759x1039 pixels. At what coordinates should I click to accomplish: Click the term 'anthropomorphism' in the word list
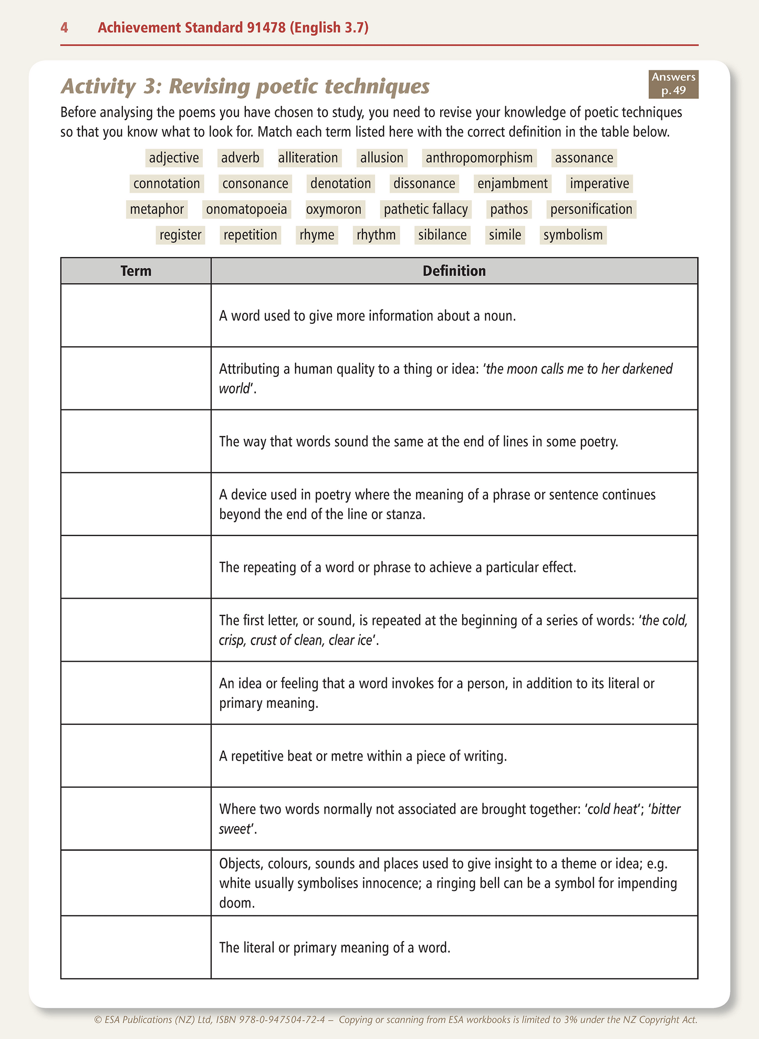coord(479,158)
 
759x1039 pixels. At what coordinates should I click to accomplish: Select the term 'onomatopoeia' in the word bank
coord(246,209)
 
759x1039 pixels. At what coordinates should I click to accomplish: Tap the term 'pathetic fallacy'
coord(425,209)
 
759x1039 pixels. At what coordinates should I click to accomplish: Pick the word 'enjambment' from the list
coord(512,183)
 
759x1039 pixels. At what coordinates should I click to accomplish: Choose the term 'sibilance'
coord(442,234)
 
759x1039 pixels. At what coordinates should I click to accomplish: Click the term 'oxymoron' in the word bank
coord(334,209)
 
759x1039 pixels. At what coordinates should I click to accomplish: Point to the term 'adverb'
coord(240,158)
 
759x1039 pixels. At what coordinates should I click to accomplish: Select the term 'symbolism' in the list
coord(573,234)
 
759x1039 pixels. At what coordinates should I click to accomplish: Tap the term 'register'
coord(180,234)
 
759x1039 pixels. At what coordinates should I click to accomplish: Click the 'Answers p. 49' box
coord(673,84)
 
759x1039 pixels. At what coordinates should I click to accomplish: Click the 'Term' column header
coord(136,271)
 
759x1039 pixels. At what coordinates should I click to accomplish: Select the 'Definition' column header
coord(454,271)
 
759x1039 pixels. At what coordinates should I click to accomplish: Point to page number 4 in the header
coord(64,27)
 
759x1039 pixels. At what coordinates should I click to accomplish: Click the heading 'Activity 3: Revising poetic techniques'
coord(245,87)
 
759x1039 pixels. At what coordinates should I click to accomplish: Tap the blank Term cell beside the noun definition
coord(136,315)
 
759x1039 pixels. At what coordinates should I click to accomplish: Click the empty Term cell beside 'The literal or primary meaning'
coord(136,948)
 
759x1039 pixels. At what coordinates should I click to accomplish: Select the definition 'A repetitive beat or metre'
coord(362,756)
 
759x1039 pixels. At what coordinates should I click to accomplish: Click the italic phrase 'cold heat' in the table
coord(611,809)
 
